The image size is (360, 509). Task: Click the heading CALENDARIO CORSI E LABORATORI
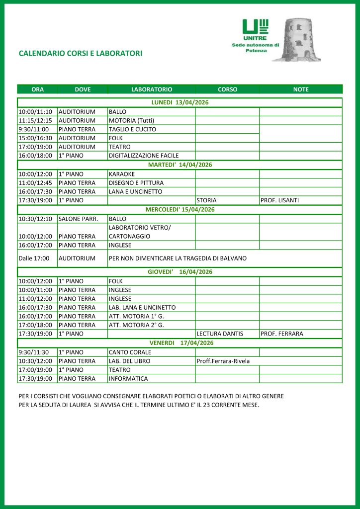(80, 53)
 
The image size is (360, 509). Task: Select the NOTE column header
(301, 89)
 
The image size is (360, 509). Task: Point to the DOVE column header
(83, 89)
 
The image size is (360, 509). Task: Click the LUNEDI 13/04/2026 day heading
(180, 103)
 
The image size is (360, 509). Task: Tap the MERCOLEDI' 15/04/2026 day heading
(180, 210)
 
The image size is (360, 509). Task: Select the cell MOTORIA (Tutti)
(131, 121)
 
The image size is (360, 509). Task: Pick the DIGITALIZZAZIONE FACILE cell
(143, 156)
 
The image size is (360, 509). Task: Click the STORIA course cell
(206, 200)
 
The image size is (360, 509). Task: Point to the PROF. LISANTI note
(279, 200)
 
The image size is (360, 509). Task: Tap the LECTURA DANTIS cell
(220, 334)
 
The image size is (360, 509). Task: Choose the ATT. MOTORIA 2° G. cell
(133, 325)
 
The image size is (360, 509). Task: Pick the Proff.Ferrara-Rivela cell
(223, 361)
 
